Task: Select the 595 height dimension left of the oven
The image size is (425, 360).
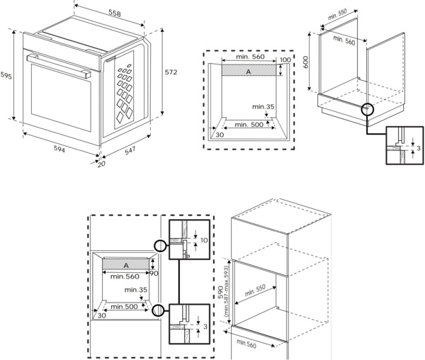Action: tap(6, 76)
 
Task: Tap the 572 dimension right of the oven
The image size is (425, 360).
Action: tap(171, 72)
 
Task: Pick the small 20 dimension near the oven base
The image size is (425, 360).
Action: tap(103, 164)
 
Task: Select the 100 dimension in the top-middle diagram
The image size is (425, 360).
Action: tap(285, 60)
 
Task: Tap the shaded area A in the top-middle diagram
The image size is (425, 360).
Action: tap(248, 72)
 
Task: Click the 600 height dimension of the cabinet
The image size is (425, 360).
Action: tap(306, 62)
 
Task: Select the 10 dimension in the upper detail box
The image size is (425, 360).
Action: tap(203, 241)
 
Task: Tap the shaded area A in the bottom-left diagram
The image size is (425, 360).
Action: tap(126, 264)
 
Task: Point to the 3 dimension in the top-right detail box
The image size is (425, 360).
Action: tap(419, 148)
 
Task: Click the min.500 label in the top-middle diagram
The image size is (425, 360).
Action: tap(249, 125)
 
